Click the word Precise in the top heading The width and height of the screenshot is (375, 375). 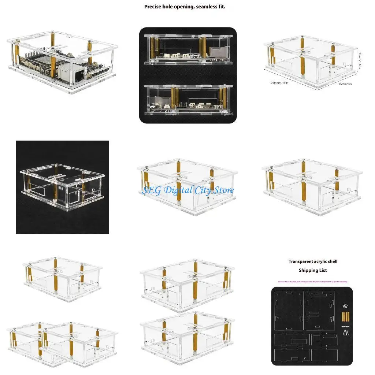[x=153, y=7]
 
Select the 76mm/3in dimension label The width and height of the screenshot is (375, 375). [x=345, y=83]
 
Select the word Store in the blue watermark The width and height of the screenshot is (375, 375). [x=222, y=190]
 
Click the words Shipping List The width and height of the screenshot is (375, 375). [x=313, y=270]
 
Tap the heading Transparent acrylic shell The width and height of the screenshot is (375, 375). [x=313, y=261]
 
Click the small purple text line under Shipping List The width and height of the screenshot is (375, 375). [x=313, y=282]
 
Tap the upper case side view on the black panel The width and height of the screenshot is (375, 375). [x=188, y=50]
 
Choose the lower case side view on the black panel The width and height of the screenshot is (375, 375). [x=188, y=100]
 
